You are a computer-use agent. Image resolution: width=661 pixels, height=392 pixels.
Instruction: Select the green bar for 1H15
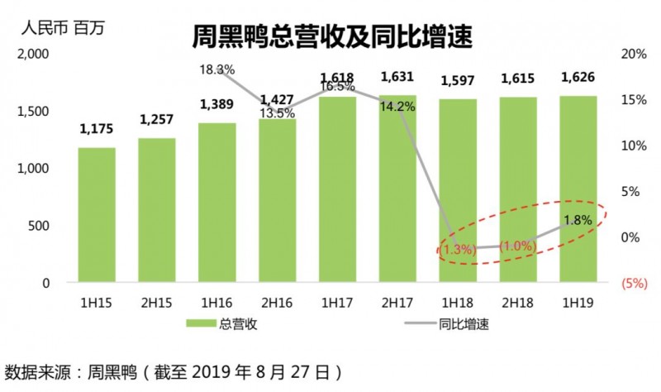[97, 215]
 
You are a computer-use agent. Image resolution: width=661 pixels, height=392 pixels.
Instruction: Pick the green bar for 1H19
[577, 189]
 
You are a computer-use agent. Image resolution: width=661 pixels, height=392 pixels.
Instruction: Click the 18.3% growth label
[217, 69]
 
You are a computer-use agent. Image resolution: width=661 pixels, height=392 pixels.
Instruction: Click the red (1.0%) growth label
[517, 246]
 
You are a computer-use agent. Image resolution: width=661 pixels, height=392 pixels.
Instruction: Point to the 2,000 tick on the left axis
[35, 54]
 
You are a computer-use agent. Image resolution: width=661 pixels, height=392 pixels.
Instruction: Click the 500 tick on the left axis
[43, 226]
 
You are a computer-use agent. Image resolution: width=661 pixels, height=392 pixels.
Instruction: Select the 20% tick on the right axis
[633, 54]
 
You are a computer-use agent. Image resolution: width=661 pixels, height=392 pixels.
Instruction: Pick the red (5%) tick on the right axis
[633, 283]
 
